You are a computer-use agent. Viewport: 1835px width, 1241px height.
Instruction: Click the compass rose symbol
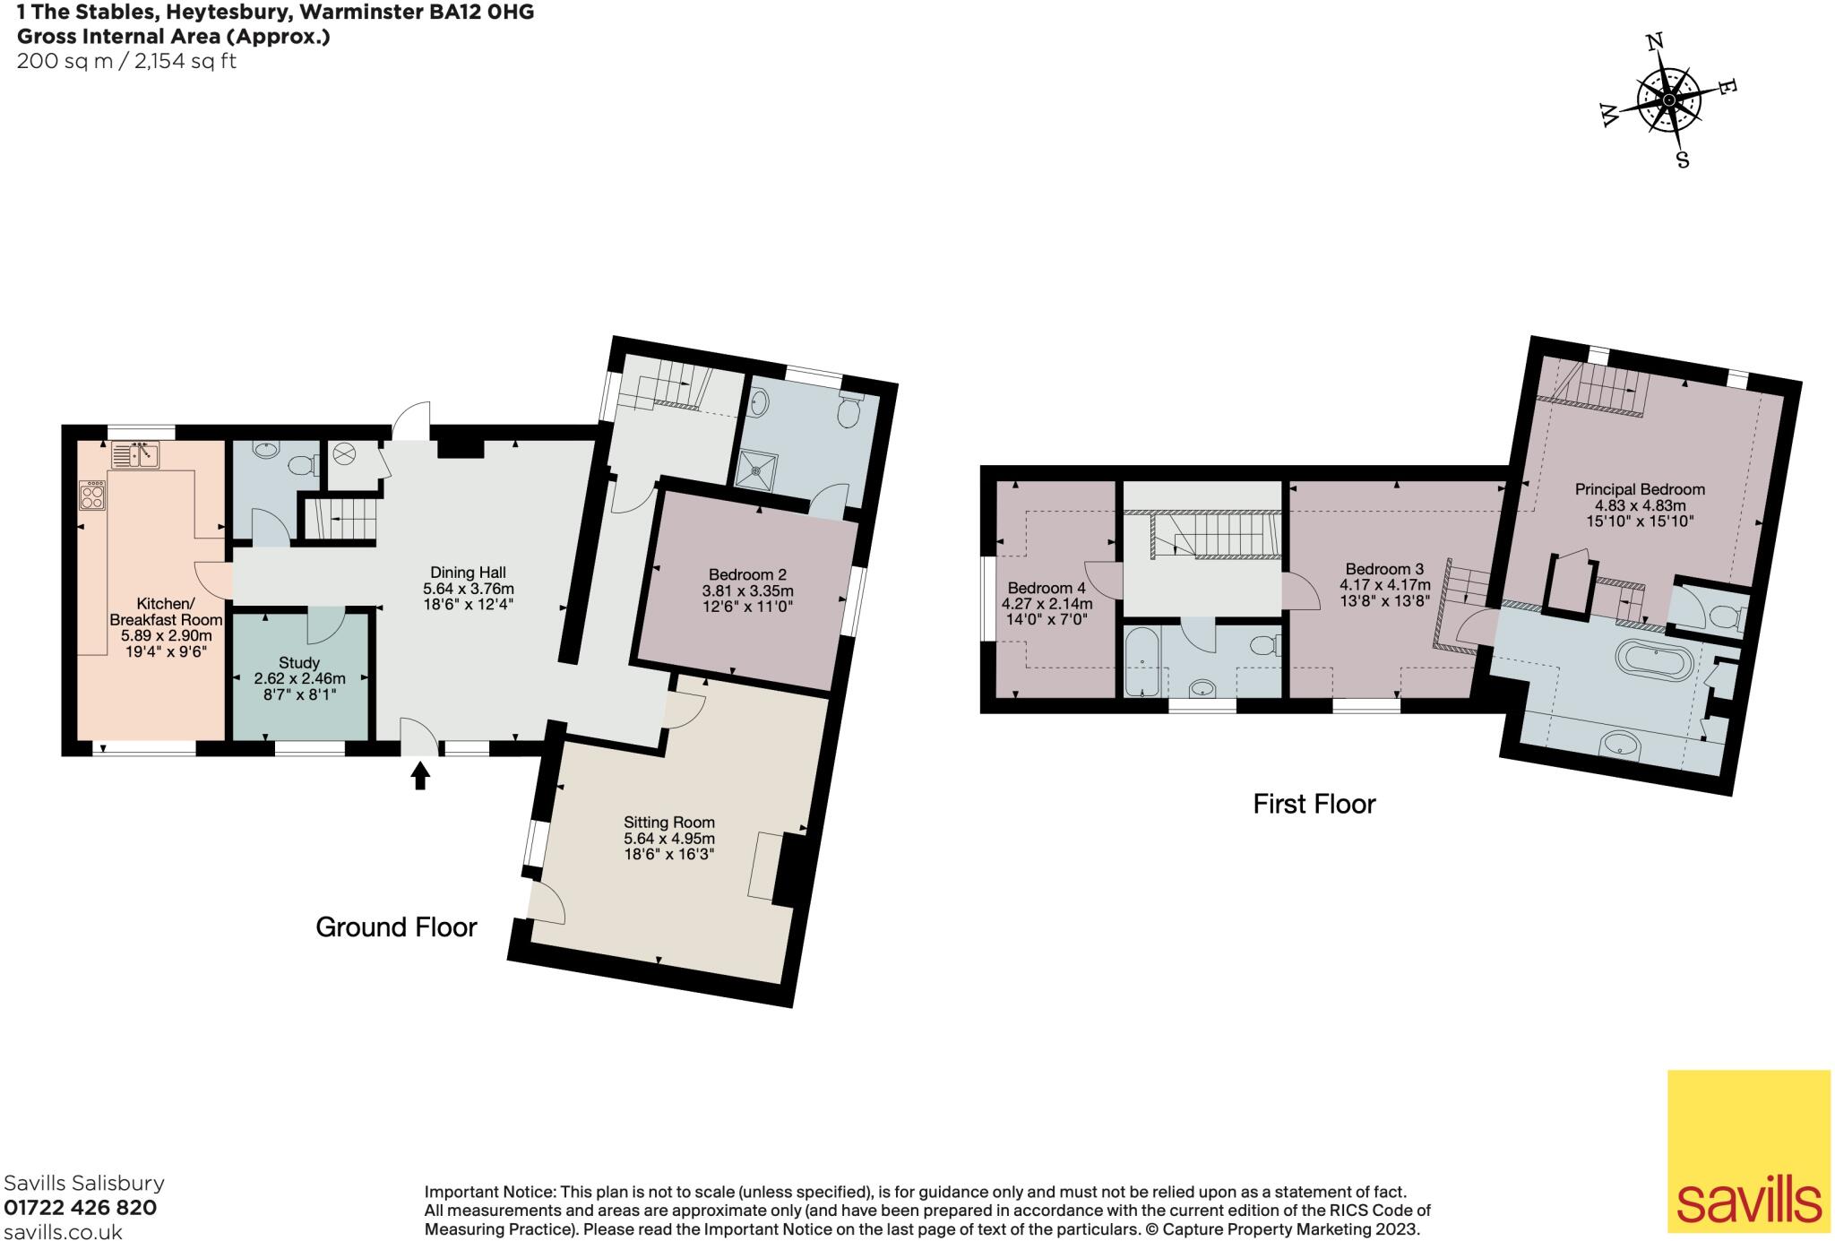tap(1668, 100)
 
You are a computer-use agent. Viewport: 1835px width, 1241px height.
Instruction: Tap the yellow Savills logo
tap(1747, 1151)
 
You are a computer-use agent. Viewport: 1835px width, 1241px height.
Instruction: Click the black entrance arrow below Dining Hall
tap(419, 775)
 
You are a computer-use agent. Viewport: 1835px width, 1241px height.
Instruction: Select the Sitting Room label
tap(669, 822)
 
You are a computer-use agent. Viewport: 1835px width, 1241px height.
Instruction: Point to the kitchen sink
tap(134, 455)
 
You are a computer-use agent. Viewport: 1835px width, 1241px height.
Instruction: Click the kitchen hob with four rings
tap(93, 496)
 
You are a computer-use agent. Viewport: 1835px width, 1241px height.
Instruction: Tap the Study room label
tap(298, 663)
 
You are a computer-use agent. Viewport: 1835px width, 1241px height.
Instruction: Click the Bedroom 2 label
tap(746, 574)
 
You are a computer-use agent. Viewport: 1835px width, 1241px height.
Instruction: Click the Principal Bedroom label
tap(1640, 489)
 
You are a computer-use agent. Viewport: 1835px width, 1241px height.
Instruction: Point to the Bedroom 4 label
tap(1047, 588)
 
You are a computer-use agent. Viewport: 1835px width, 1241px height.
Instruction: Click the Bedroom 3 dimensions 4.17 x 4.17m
tap(1383, 585)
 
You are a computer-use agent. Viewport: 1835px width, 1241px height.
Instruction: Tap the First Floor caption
tap(1314, 804)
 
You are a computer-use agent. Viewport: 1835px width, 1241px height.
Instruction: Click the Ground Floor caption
tap(396, 926)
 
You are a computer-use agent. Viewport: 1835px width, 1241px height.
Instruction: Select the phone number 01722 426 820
tap(81, 1207)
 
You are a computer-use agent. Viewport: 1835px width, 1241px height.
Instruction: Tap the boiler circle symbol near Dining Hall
tap(344, 454)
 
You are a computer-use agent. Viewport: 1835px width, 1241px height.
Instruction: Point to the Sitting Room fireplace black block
tap(789, 869)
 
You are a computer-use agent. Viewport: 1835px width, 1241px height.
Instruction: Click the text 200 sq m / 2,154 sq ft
tap(126, 61)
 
